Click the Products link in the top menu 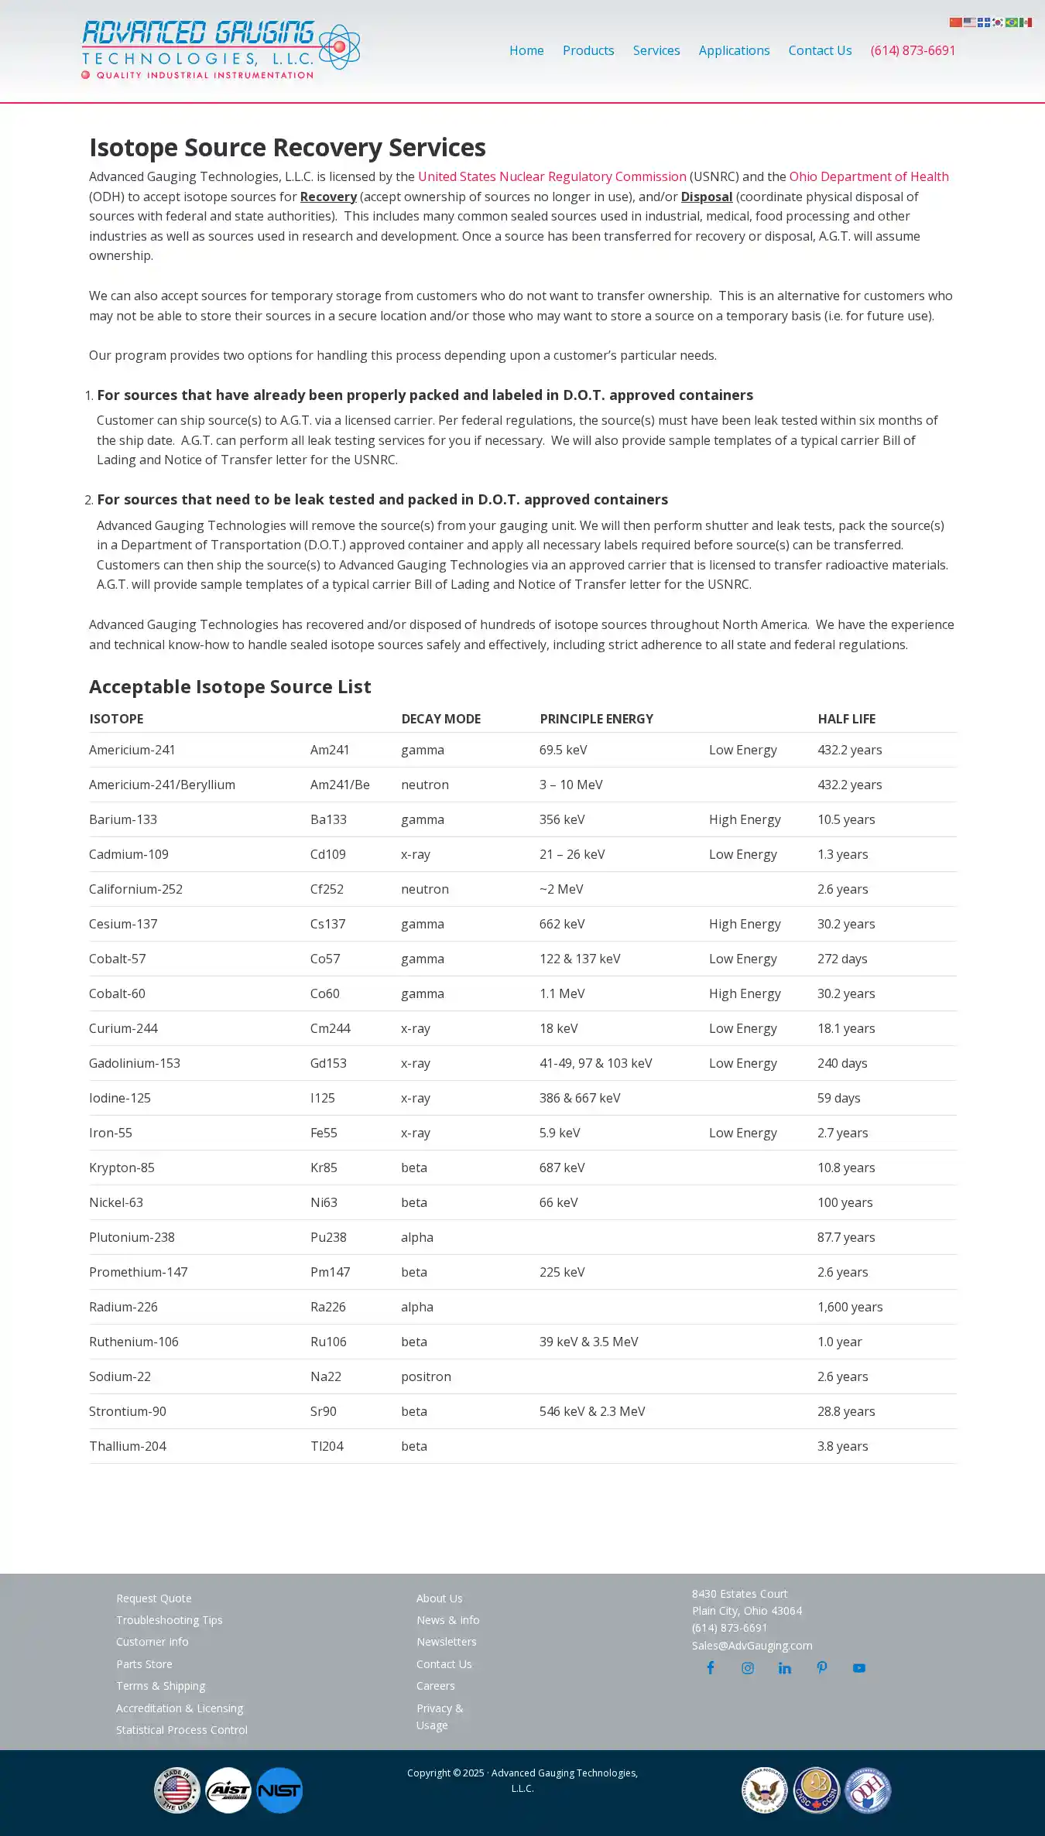(588, 50)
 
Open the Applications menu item (734, 50)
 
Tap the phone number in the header (913, 50)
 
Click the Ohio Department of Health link (869, 176)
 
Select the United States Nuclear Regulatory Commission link (552, 176)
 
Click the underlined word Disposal (706, 197)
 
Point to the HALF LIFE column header (846, 719)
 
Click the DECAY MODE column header (440, 719)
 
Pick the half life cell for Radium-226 (849, 1307)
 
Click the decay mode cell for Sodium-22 (426, 1376)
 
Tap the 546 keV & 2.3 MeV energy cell (591, 1411)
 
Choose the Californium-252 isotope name (135, 889)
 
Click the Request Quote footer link (153, 1598)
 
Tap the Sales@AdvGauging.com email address (752, 1646)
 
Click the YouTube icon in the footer (858, 1668)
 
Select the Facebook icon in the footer (710, 1668)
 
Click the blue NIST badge (279, 1790)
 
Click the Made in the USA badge (177, 1790)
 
